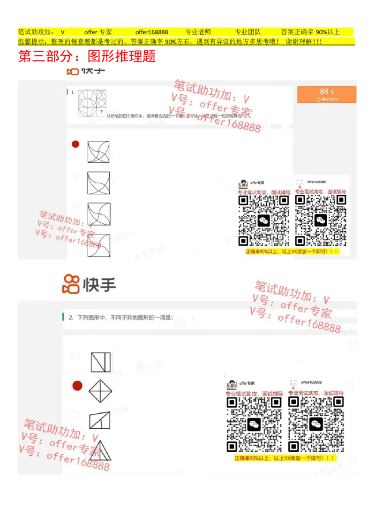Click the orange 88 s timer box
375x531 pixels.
[327, 94]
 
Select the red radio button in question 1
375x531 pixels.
[75, 144]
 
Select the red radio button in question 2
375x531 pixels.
[77, 386]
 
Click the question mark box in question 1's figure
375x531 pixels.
[101, 112]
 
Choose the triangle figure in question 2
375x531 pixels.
[100, 450]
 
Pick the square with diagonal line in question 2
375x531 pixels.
[100, 362]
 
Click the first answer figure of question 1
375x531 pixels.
[98, 152]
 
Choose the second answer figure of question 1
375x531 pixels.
[98, 183]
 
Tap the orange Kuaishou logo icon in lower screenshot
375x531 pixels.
[71, 284]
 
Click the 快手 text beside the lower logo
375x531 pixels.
[99, 284]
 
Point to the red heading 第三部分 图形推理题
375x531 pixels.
[86, 57]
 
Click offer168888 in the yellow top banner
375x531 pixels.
[151, 32]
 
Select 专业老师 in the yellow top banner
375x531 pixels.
[198, 32]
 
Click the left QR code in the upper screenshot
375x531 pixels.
[264, 220]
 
